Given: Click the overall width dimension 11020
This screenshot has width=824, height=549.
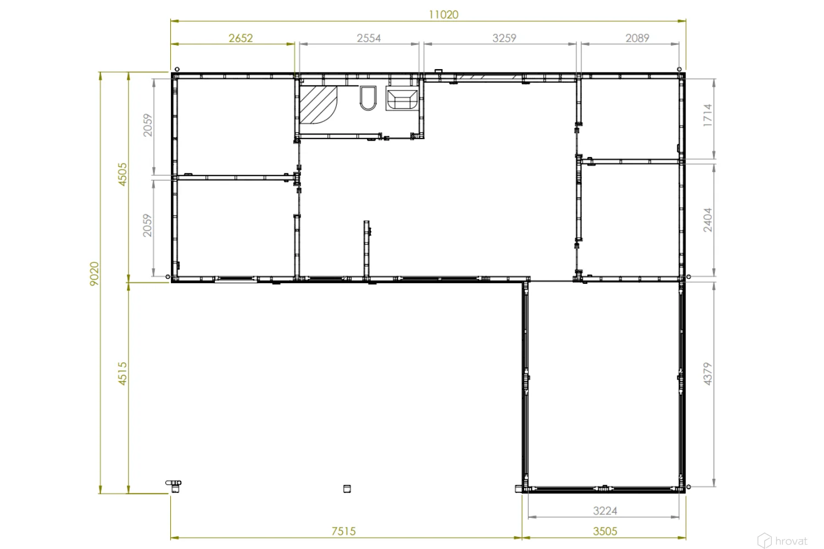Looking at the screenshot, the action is [x=444, y=15].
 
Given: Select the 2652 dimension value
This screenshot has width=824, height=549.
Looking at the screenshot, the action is [x=241, y=38].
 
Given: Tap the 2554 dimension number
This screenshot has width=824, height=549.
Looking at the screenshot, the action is [x=369, y=38].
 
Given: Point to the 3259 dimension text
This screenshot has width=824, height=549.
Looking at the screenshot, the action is [x=504, y=38].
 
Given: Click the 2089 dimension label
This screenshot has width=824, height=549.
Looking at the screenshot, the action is [x=637, y=38].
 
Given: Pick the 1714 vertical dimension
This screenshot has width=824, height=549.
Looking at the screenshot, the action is [x=708, y=115].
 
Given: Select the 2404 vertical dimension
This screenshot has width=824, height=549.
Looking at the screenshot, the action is [x=708, y=220].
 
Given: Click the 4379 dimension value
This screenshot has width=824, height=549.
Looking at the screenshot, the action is [x=708, y=374].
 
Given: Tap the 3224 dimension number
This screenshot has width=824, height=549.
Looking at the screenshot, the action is [x=605, y=511].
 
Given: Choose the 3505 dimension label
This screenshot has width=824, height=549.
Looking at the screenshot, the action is [x=605, y=531].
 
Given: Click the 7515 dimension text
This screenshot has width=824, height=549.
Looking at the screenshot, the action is [x=343, y=531].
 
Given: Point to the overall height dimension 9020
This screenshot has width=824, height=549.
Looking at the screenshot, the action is [x=94, y=273].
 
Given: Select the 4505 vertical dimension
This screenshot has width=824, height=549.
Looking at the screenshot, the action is [x=122, y=174].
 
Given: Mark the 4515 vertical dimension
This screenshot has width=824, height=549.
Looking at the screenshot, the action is [x=122, y=374].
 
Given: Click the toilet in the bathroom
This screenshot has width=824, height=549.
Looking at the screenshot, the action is [x=368, y=98].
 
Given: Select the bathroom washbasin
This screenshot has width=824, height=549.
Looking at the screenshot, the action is [x=402, y=98].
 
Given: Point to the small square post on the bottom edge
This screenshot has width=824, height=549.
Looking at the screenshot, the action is [x=347, y=489].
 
